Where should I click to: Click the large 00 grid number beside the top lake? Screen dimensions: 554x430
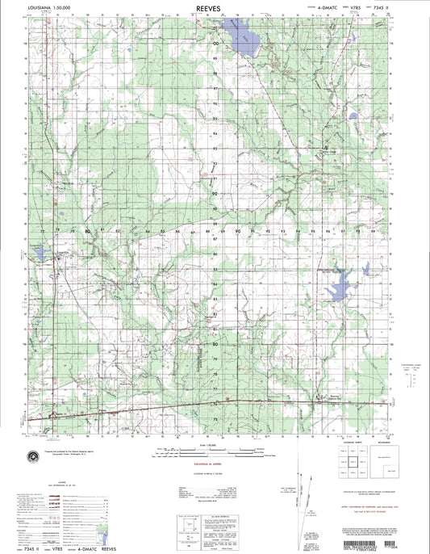point(215,41)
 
